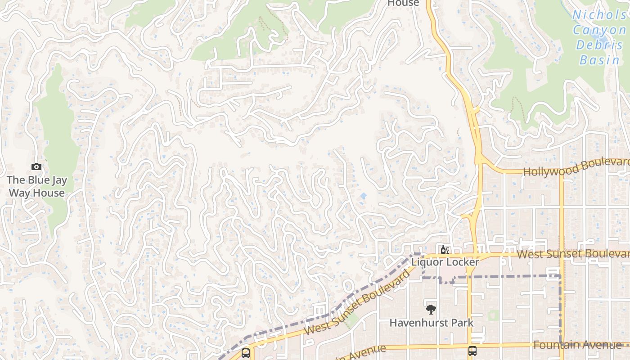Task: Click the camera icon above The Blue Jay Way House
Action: [x=36, y=167]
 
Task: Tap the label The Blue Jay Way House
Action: [x=37, y=186]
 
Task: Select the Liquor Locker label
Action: [x=445, y=262]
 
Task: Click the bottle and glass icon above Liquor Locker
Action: [x=445, y=249]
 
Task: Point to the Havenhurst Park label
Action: [x=431, y=323]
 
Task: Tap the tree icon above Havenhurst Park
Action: [x=431, y=309]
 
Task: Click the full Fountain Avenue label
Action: [x=577, y=345]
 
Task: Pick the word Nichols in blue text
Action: [x=598, y=15]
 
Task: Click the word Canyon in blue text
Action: [x=598, y=30]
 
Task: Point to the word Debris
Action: [x=598, y=45]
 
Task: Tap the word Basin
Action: [x=599, y=60]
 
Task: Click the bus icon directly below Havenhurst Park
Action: [x=472, y=351]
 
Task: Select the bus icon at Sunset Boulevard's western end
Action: [x=246, y=353]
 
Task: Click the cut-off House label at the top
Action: [x=403, y=3]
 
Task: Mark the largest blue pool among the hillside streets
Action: [x=363, y=196]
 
